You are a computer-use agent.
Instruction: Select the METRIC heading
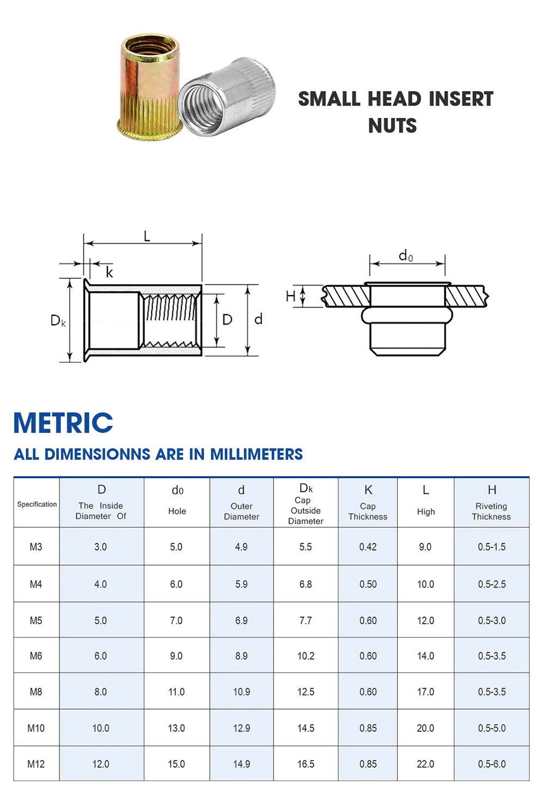click(x=63, y=423)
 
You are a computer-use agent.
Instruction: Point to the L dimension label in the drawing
click(x=147, y=236)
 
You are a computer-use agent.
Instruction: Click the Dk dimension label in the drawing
click(x=58, y=320)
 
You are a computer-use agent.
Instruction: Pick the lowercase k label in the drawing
click(x=109, y=273)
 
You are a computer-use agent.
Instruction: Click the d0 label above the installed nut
click(x=406, y=255)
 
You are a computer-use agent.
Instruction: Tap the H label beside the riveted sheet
click(x=290, y=296)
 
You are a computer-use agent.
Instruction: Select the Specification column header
click(x=37, y=504)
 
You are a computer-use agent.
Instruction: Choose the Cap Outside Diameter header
click(x=305, y=504)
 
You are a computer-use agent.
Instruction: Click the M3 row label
click(x=36, y=546)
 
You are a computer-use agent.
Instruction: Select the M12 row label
click(x=36, y=764)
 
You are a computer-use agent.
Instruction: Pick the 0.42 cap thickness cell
click(x=368, y=546)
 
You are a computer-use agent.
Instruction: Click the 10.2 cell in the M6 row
click(x=306, y=656)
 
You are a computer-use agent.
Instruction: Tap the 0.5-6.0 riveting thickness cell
click(x=492, y=764)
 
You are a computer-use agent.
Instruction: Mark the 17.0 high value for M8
click(x=426, y=692)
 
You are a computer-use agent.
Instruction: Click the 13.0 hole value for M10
click(x=176, y=728)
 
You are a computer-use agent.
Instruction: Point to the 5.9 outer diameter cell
click(x=241, y=584)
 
